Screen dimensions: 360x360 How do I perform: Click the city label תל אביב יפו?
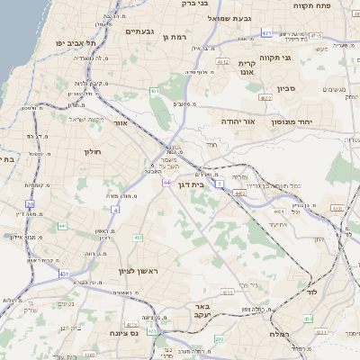coord(75,42)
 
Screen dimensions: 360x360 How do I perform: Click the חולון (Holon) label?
coord(93,152)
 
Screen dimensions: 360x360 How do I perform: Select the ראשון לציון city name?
coord(137,272)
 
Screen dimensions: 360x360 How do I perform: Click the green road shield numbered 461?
coord(155,91)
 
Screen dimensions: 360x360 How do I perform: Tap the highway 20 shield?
coord(30,203)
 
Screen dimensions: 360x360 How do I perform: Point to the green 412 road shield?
coord(138,238)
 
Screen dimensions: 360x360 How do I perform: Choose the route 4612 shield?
coord(222,62)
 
